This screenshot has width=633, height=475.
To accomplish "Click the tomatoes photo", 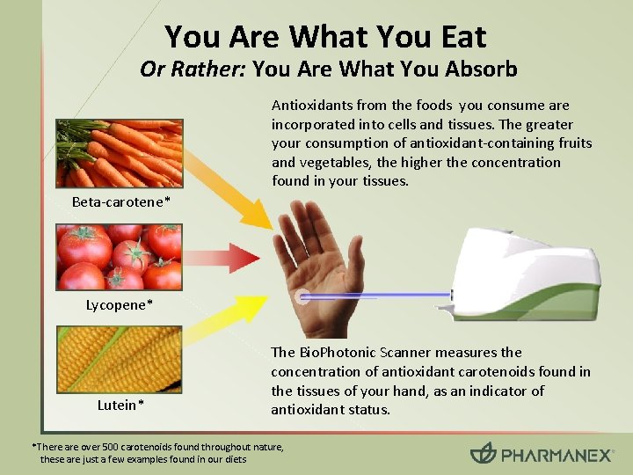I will point(120,257).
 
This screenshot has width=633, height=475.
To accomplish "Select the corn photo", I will point(120,359).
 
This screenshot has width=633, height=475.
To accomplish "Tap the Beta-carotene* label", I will point(121,203).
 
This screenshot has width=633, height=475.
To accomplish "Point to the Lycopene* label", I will point(120,305).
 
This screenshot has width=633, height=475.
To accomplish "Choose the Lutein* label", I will point(120,406).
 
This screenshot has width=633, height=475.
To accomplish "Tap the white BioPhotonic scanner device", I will point(528,264).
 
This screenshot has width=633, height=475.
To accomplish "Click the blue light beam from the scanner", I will point(378,297).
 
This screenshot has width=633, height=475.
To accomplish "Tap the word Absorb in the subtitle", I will point(480,69).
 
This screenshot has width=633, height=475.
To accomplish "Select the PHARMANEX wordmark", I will point(557,455).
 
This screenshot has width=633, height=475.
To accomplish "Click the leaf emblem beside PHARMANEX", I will point(484,454).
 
